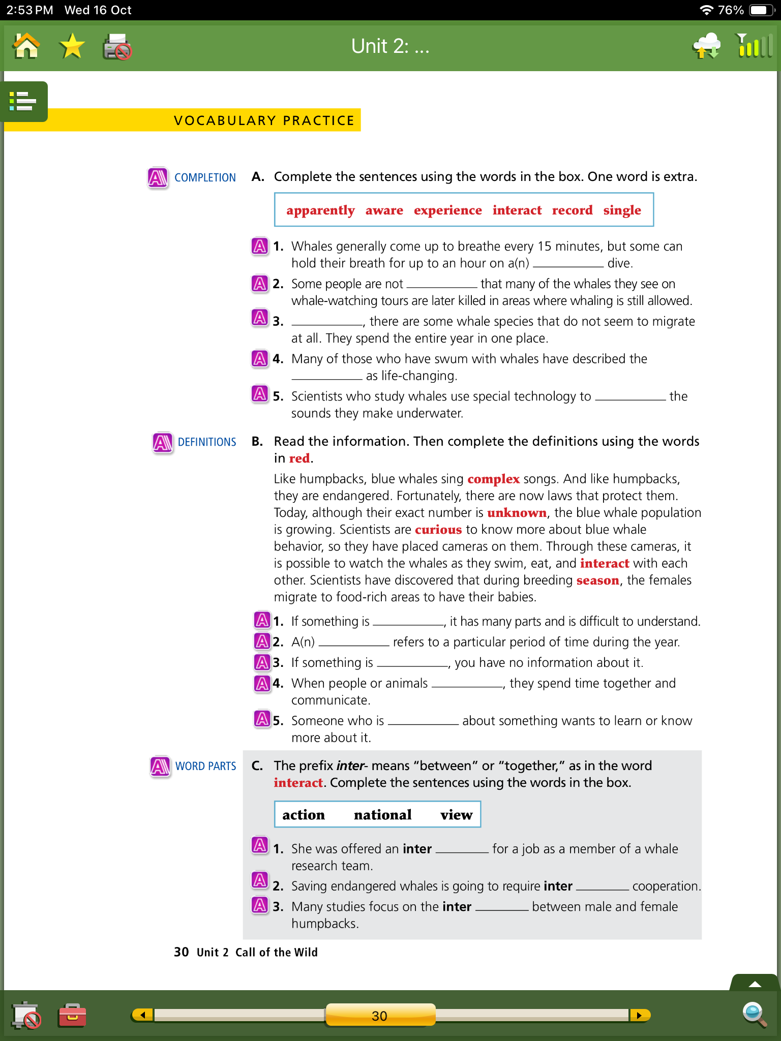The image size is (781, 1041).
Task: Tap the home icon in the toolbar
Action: click(x=26, y=47)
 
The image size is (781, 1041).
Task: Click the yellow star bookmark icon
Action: click(x=72, y=47)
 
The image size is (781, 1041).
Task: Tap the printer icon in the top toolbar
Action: click(x=117, y=47)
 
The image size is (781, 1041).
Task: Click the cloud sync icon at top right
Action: click(x=707, y=46)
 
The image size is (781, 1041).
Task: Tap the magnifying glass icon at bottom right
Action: click(x=754, y=1015)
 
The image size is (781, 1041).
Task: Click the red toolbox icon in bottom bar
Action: click(x=72, y=1015)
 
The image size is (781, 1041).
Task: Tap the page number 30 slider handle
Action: click(x=380, y=1015)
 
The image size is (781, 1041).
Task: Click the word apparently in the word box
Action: click(x=320, y=210)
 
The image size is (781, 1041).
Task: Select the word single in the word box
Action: click(x=622, y=210)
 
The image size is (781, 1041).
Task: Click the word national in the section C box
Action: click(x=382, y=815)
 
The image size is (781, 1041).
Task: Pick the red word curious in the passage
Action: click(x=438, y=530)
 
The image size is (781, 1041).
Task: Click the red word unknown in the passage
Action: click(x=517, y=513)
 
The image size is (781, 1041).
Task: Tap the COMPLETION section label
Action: click(x=205, y=178)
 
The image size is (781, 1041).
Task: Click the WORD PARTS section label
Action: click(x=205, y=766)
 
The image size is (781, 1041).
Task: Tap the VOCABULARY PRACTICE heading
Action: click(x=264, y=120)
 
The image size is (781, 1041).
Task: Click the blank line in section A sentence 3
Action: click(x=327, y=322)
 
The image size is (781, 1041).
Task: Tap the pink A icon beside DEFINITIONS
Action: click(x=163, y=442)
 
